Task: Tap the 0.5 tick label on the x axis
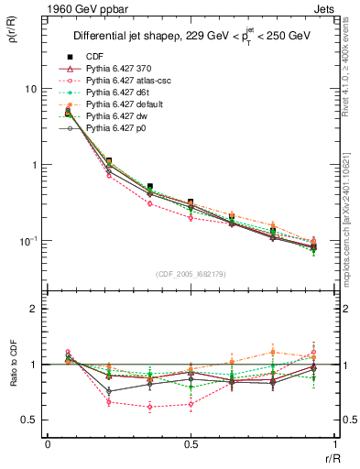tap(191, 443)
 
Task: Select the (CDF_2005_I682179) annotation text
tap(190, 274)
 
